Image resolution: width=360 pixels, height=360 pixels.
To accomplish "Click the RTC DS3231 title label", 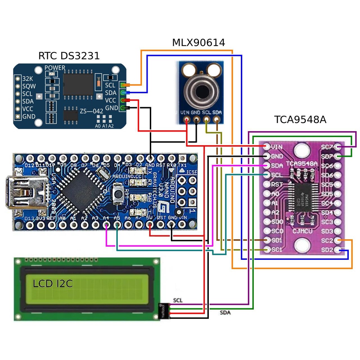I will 69,56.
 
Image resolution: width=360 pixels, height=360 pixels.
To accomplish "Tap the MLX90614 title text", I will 198,43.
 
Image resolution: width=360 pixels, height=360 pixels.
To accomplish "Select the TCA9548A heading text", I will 300,120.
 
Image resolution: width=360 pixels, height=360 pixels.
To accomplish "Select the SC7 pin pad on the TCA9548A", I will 338,147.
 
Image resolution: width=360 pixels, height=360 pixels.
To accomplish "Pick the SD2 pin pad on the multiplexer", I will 338,250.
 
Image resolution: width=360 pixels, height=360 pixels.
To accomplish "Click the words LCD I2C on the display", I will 53,284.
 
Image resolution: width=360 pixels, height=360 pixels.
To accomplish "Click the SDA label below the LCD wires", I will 225,312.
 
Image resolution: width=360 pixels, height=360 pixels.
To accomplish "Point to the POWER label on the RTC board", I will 55,68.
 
